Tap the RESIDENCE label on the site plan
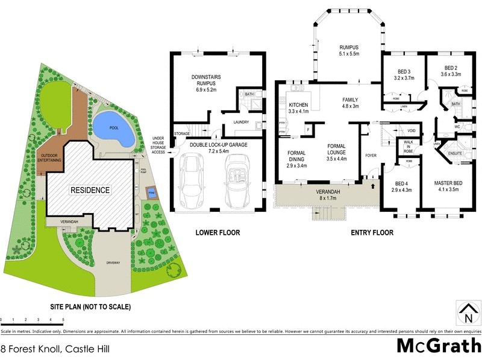(x=90, y=190)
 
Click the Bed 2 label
(x=452, y=71)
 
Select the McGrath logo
(x=439, y=346)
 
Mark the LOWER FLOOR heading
(x=218, y=232)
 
